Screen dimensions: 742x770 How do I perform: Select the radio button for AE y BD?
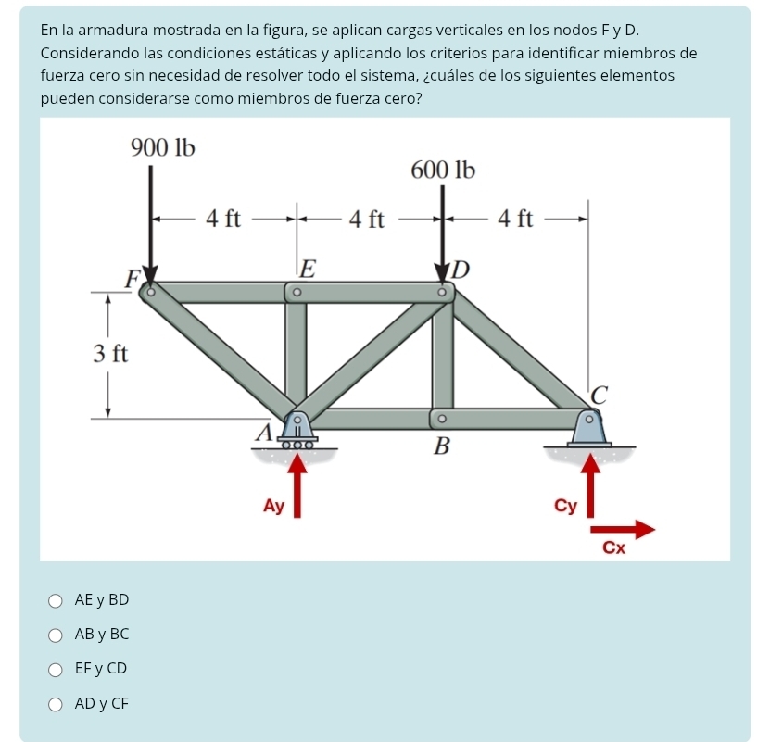point(57,600)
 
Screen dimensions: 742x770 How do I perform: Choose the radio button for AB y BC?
point(57,635)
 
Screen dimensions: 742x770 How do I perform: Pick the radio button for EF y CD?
point(57,669)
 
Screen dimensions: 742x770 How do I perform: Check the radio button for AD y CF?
point(57,704)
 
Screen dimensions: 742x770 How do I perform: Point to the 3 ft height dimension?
point(109,353)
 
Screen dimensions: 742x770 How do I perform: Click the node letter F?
point(133,275)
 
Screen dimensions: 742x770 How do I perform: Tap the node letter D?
point(461,270)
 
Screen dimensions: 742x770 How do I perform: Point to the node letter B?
point(442,447)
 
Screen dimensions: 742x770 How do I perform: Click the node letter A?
point(263,432)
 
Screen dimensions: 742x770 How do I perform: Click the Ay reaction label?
point(273,506)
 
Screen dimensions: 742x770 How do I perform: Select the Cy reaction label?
point(565,506)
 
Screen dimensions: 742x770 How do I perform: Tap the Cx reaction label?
point(613,547)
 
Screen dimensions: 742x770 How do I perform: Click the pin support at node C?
point(589,427)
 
